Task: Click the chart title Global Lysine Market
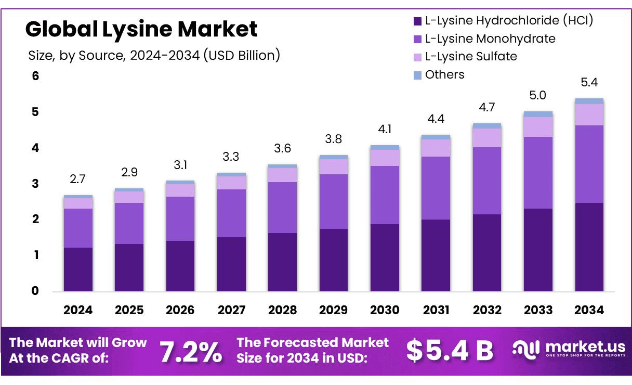click(x=141, y=29)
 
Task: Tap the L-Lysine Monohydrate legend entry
click(x=490, y=38)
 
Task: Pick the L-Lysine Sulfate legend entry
click(x=471, y=56)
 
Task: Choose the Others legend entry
click(x=444, y=74)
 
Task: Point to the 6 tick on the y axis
click(x=35, y=76)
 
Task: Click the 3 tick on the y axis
click(x=35, y=184)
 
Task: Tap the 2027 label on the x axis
click(x=231, y=310)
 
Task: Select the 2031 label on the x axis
click(x=436, y=310)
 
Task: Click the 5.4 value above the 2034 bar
click(x=589, y=82)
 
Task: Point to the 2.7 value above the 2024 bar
click(x=77, y=179)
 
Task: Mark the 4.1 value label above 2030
click(x=385, y=129)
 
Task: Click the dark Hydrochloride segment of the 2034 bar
click(x=589, y=247)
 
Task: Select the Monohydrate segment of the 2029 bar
click(x=334, y=201)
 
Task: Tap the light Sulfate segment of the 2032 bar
click(x=487, y=138)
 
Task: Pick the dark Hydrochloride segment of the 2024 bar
click(x=77, y=269)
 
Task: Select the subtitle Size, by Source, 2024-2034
click(x=153, y=55)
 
